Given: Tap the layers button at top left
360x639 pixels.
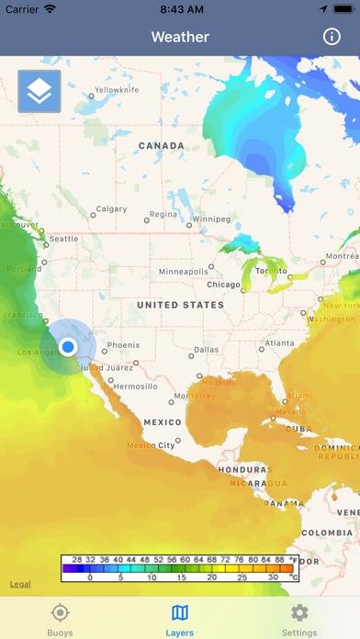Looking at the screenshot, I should click(x=39, y=91).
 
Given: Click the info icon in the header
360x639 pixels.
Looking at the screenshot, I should click(x=332, y=37).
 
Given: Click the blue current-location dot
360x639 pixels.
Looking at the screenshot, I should click(x=68, y=346).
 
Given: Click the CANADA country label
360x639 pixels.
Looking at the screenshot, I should click(x=161, y=146).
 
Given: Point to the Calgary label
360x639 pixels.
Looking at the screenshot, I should click(x=112, y=209).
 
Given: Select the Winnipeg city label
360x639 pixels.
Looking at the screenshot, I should click(x=211, y=219).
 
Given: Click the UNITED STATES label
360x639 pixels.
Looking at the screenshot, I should click(x=179, y=304).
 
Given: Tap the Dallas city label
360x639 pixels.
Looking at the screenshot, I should click(x=207, y=349).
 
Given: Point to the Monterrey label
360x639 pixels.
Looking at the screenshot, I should click(x=193, y=396).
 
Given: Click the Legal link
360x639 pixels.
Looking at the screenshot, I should click(x=19, y=584).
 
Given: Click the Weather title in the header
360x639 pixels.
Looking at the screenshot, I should click(x=180, y=37).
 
